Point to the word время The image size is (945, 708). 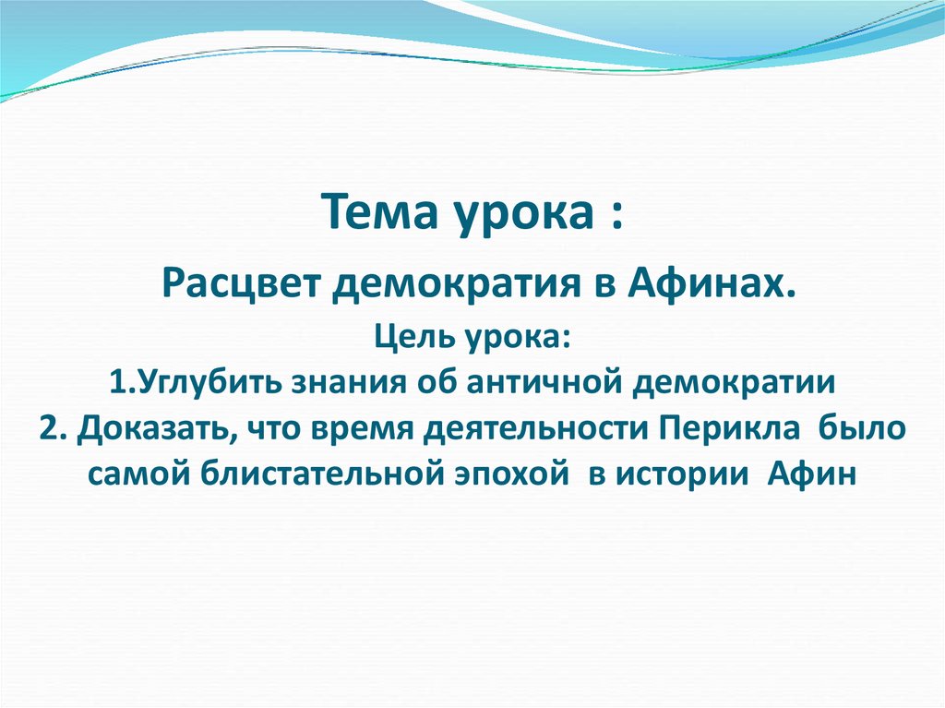tap(365, 428)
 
